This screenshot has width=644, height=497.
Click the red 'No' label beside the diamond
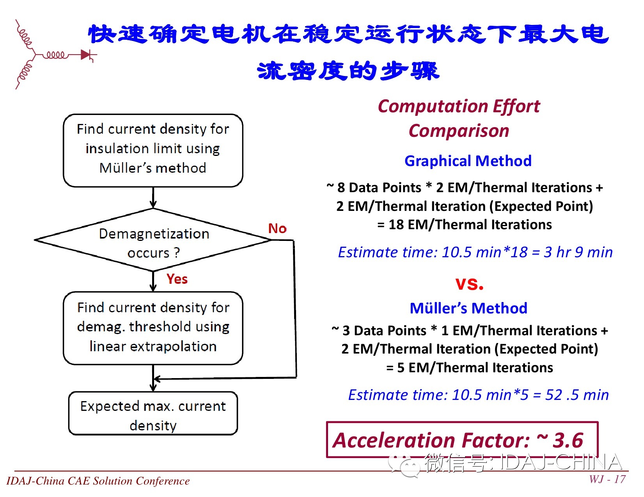coord(277,228)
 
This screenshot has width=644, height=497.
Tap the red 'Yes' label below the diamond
coord(177,279)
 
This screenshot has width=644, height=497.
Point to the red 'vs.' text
coord(469,284)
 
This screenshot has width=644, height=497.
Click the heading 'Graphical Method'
coord(468,161)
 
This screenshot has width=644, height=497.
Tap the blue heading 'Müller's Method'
coord(468,308)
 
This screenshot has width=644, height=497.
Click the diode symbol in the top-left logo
coord(86,55)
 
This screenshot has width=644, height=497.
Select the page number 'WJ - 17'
coord(607,479)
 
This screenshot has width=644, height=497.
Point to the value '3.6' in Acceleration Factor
coord(568,440)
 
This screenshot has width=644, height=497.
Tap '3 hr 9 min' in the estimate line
coord(578,252)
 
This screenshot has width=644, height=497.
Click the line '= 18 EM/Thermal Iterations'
coord(465,225)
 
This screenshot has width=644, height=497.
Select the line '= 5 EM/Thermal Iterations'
coord(469,368)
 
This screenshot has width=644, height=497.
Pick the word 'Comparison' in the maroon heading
coord(459,131)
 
